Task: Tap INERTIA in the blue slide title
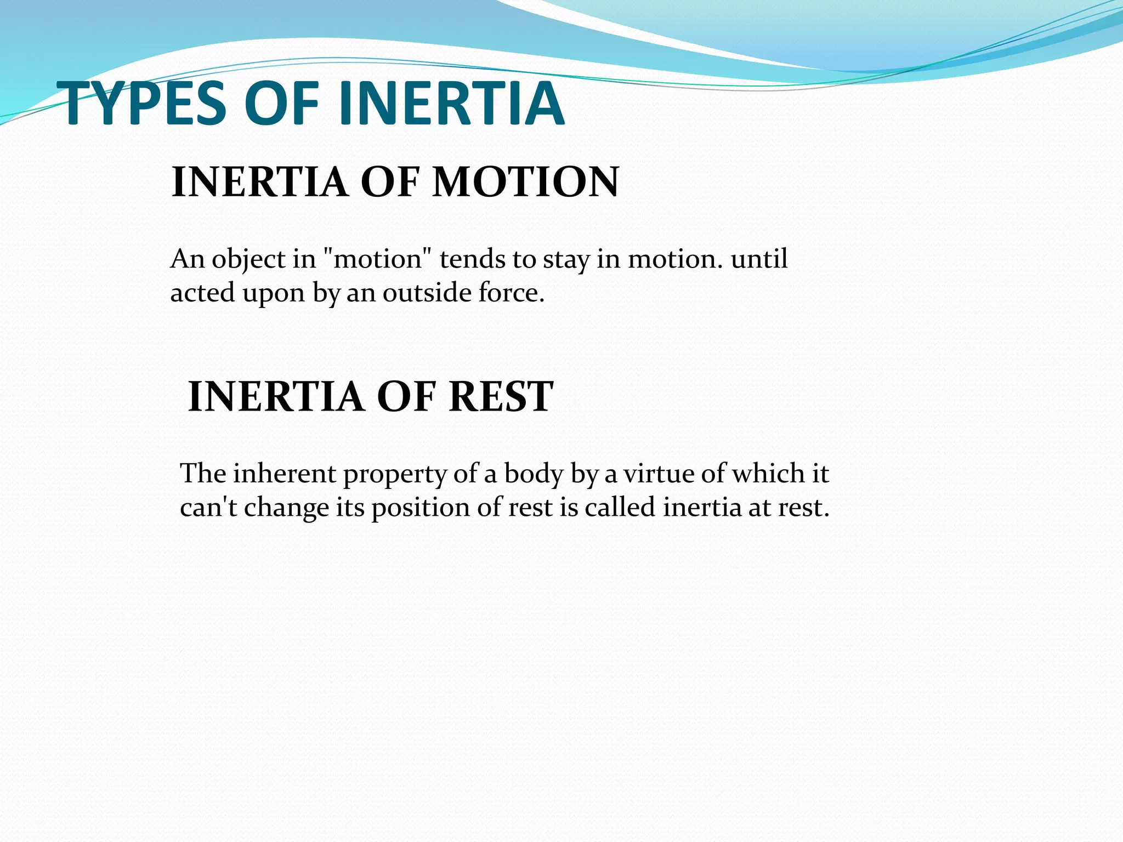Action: click(x=451, y=104)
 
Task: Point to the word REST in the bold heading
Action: click(x=501, y=396)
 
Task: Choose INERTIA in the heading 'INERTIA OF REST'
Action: click(x=276, y=396)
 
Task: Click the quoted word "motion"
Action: click(x=378, y=259)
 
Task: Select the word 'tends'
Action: click(x=472, y=259)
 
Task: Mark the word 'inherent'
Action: click(x=284, y=473)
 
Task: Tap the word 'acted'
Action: click(x=202, y=293)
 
